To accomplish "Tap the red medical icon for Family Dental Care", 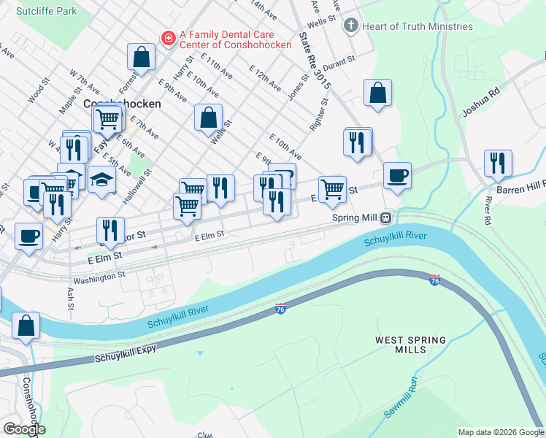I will pyautogui.click(x=167, y=36).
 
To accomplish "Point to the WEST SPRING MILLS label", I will pyautogui.click(x=401, y=345).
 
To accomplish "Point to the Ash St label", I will pyautogui.click(x=71, y=300).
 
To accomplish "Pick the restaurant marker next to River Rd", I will pyautogui.click(x=498, y=163).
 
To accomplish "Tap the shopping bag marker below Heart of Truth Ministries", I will pyautogui.click(x=377, y=93).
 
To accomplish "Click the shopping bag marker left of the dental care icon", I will pyautogui.click(x=141, y=57).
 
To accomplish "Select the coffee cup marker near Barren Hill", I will pyautogui.click(x=397, y=175).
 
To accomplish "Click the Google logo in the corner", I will pyautogui.click(x=23, y=429).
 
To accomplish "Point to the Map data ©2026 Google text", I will pyautogui.click(x=500, y=432).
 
